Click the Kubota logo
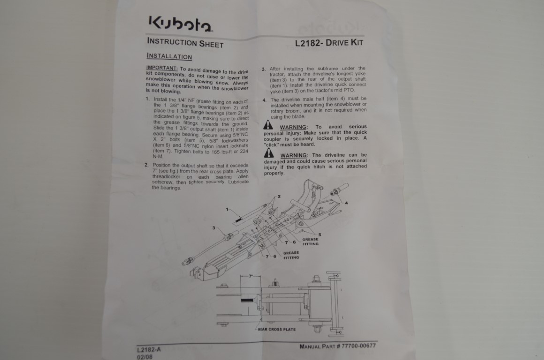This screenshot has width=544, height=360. [x=181, y=23]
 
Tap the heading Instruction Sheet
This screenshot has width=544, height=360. [x=185, y=43]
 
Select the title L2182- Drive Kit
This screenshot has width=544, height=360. [x=329, y=43]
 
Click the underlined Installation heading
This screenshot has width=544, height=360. [x=169, y=56]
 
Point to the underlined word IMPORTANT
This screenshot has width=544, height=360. [x=162, y=68]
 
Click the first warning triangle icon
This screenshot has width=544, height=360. [x=268, y=125]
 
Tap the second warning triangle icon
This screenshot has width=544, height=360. [x=269, y=153]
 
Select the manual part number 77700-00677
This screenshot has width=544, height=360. [x=358, y=345]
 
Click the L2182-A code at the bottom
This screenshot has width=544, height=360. [x=149, y=349]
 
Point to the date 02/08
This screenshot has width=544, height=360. [x=144, y=357]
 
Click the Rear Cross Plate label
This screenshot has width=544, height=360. [x=277, y=329]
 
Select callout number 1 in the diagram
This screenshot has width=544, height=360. [x=227, y=209]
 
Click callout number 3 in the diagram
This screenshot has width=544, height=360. [x=214, y=228]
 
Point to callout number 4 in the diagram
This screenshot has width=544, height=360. [x=346, y=203]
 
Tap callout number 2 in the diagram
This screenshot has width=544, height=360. [x=279, y=196]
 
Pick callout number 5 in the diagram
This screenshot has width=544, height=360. [x=319, y=234]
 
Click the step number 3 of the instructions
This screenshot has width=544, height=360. [x=264, y=69]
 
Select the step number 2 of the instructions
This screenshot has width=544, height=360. [x=146, y=165]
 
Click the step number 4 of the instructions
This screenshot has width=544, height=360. [x=264, y=100]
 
